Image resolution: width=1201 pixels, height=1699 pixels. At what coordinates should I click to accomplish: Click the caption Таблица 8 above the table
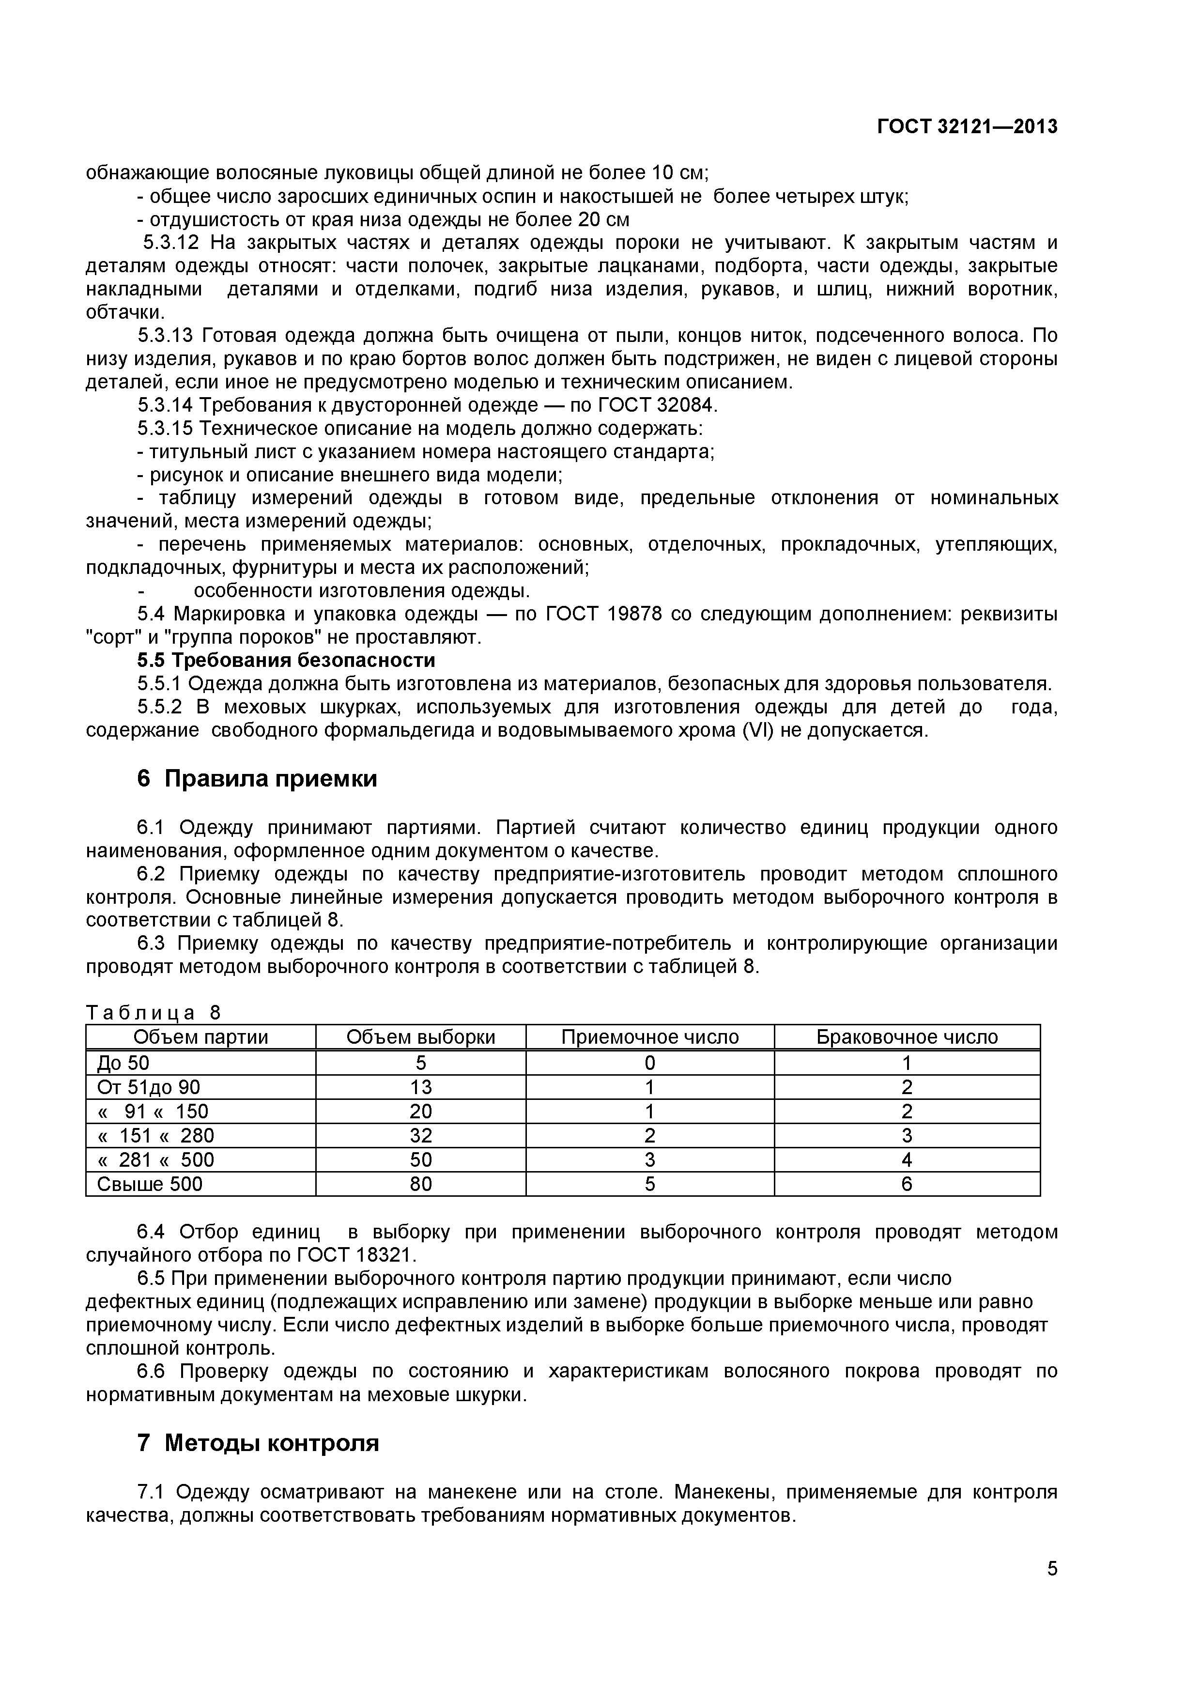pos(153,1012)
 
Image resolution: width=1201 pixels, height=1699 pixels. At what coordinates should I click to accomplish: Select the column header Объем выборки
pos(420,1037)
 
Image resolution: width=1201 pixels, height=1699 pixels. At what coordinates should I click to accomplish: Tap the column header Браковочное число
pos(907,1037)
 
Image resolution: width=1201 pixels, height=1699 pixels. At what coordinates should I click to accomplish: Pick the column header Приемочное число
pos(650,1037)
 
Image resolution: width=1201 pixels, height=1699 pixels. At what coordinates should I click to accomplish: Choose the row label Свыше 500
pos(150,1184)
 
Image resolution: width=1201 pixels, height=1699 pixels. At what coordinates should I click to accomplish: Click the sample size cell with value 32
pos(420,1135)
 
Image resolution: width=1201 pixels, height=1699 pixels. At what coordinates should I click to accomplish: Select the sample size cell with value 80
pos(420,1184)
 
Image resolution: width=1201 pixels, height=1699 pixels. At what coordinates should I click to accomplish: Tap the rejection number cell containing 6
pos(907,1184)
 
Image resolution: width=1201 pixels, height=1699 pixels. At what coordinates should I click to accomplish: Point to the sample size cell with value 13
pos(420,1087)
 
